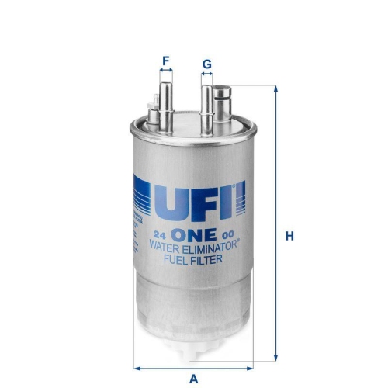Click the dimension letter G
(x=206, y=62)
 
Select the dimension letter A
(x=195, y=379)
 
